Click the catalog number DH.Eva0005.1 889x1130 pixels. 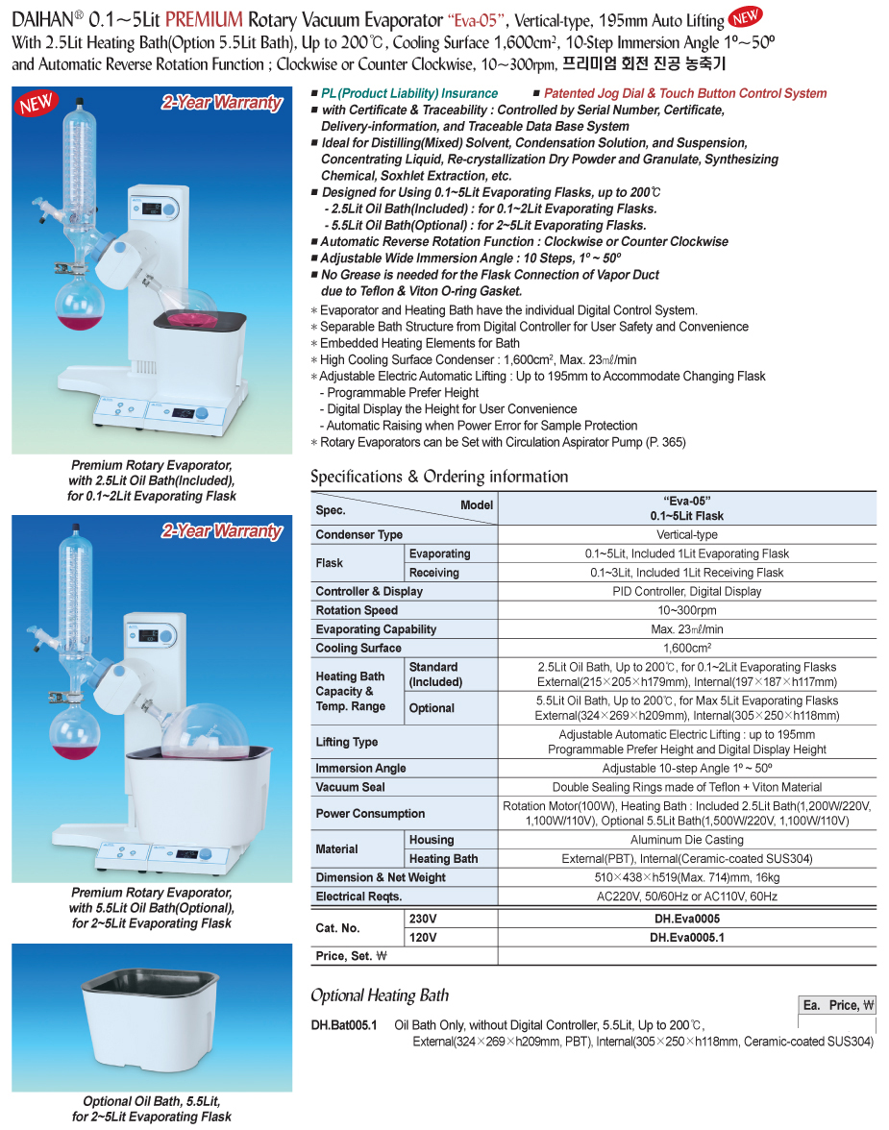[686, 937]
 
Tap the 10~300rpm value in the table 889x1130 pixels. [686, 610]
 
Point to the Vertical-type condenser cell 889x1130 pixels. [686, 534]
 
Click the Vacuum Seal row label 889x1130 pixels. [350, 787]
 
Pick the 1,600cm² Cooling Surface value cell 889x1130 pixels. [686, 648]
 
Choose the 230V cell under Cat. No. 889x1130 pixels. [424, 919]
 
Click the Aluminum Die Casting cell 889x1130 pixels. [686, 840]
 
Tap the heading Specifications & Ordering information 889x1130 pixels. [439, 477]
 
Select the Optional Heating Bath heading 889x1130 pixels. [380, 995]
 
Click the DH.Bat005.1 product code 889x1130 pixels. [344, 1025]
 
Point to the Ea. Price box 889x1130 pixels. [838, 1005]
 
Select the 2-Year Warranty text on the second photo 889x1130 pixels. [221, 531]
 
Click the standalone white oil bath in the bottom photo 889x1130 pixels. [152, 1017]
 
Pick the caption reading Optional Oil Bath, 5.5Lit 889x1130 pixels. [152, 1101]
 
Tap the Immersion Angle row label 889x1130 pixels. [360, 768]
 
